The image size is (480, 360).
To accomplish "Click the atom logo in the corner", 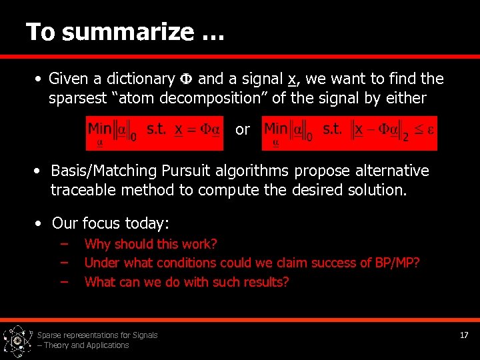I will pos(17,341).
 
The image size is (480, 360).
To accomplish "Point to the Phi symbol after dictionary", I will pos(187,79).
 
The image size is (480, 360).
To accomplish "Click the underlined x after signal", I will pos(291,79).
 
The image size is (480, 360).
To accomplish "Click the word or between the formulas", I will pos(243,129).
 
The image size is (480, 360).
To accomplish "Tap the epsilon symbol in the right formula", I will pos(431,129).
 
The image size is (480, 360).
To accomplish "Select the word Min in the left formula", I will pos(99,128).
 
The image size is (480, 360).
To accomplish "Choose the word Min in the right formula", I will pos(275,127).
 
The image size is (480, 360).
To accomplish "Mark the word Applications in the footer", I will pos(107,345).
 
